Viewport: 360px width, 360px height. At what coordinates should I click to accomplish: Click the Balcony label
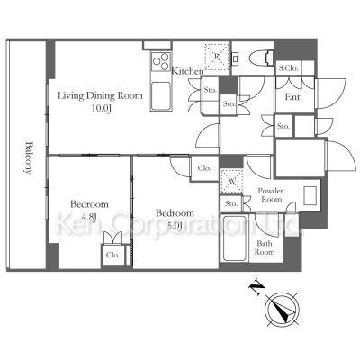28,157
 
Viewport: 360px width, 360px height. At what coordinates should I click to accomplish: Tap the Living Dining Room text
100,96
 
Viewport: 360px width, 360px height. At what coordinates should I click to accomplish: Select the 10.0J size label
102,109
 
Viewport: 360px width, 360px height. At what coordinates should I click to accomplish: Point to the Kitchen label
187,71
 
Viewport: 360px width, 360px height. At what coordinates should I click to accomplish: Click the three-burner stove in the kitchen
161,61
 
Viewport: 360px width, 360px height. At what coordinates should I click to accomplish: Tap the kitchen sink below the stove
161,96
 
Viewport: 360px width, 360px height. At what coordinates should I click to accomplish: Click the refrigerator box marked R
217,58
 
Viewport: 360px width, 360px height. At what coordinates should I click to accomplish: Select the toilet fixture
261,58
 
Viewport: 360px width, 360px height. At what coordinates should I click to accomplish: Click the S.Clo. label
288,68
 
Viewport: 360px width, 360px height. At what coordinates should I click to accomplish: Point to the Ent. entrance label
293,97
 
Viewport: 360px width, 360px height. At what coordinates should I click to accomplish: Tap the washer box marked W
231,181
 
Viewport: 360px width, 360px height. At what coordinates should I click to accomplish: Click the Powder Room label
271,195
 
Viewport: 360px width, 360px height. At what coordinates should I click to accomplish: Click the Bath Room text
264,247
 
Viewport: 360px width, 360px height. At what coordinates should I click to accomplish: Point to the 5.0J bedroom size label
175,226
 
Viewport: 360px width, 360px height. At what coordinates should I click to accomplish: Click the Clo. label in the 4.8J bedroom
113,256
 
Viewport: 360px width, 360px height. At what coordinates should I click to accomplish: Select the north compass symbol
282,310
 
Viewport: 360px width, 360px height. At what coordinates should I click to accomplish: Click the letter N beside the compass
256,287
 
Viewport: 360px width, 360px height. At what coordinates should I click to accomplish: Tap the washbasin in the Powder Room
310,195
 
